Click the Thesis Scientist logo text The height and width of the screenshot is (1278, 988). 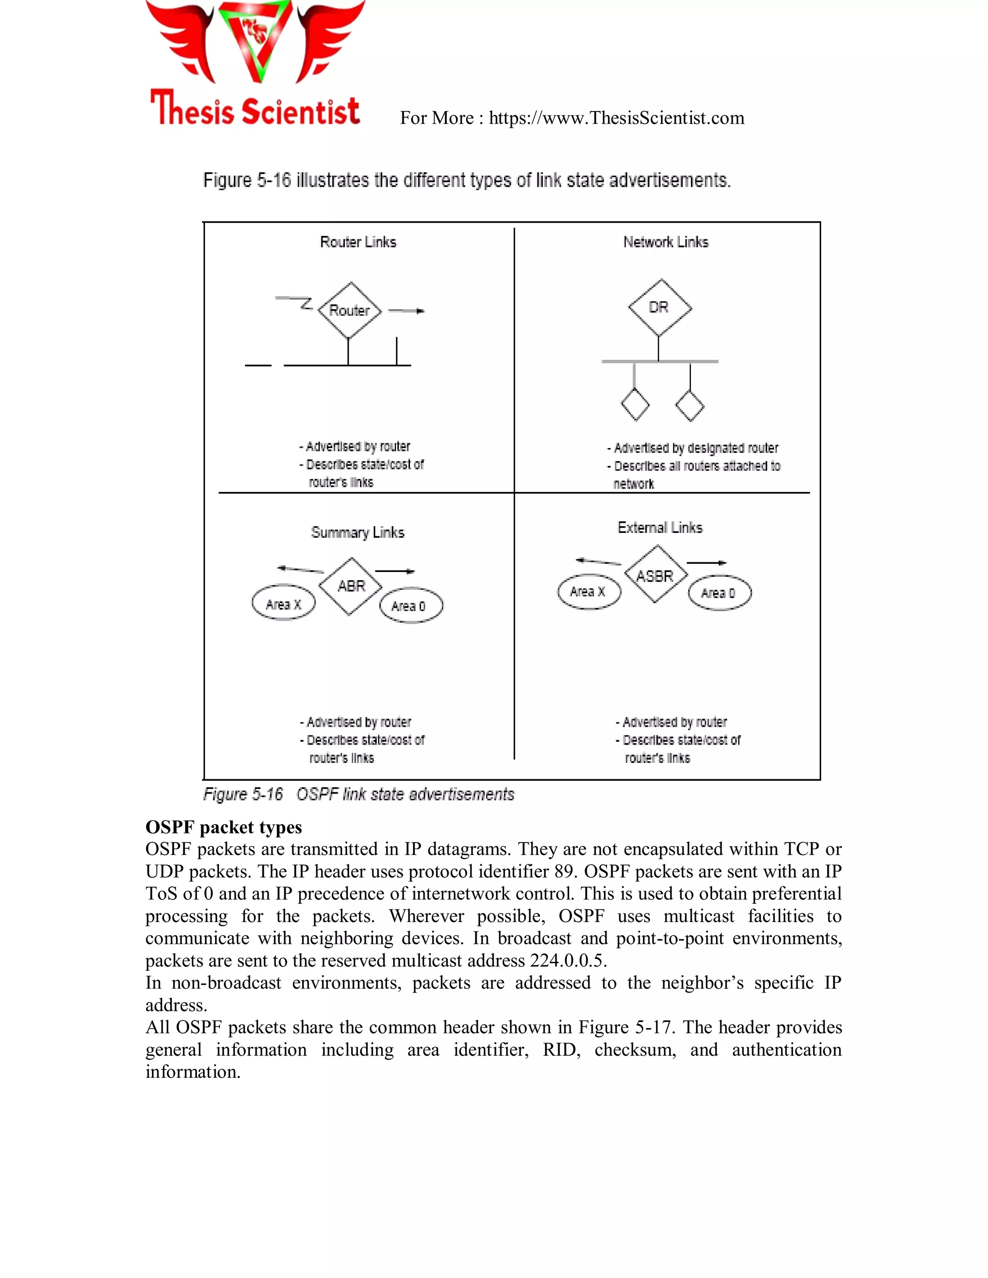point(255,109)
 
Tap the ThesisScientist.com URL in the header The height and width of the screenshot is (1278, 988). point(617,118)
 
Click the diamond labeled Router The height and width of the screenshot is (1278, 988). point(349,310)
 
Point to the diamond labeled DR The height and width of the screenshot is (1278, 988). point(659,308)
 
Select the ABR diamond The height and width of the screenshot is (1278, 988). point(351,586)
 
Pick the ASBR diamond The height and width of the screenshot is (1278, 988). point(656,575)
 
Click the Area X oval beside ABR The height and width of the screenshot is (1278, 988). point(283,603)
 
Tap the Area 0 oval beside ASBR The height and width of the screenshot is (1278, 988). point(719,593)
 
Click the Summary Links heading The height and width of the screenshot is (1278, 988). point(357,532)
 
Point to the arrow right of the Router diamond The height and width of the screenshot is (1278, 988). point(407,311)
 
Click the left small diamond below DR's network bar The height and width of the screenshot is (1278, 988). point(634,405)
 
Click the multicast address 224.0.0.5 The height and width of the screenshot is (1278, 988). point(568,960)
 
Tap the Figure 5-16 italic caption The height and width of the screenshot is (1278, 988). point(358,794)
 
